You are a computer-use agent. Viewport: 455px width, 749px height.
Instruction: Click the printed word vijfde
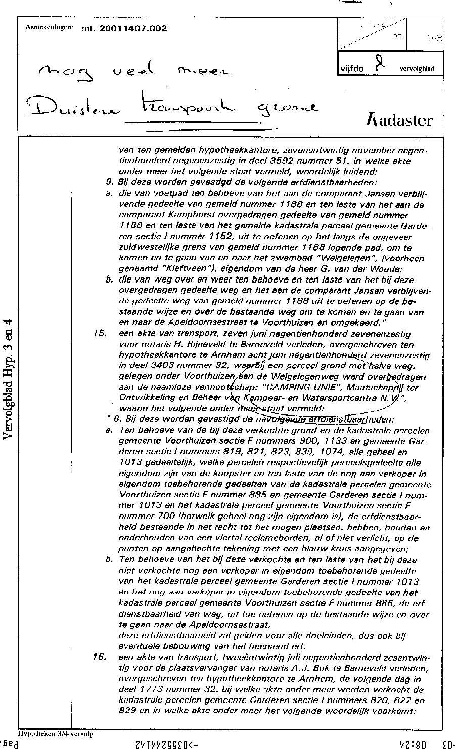point(353,70)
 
